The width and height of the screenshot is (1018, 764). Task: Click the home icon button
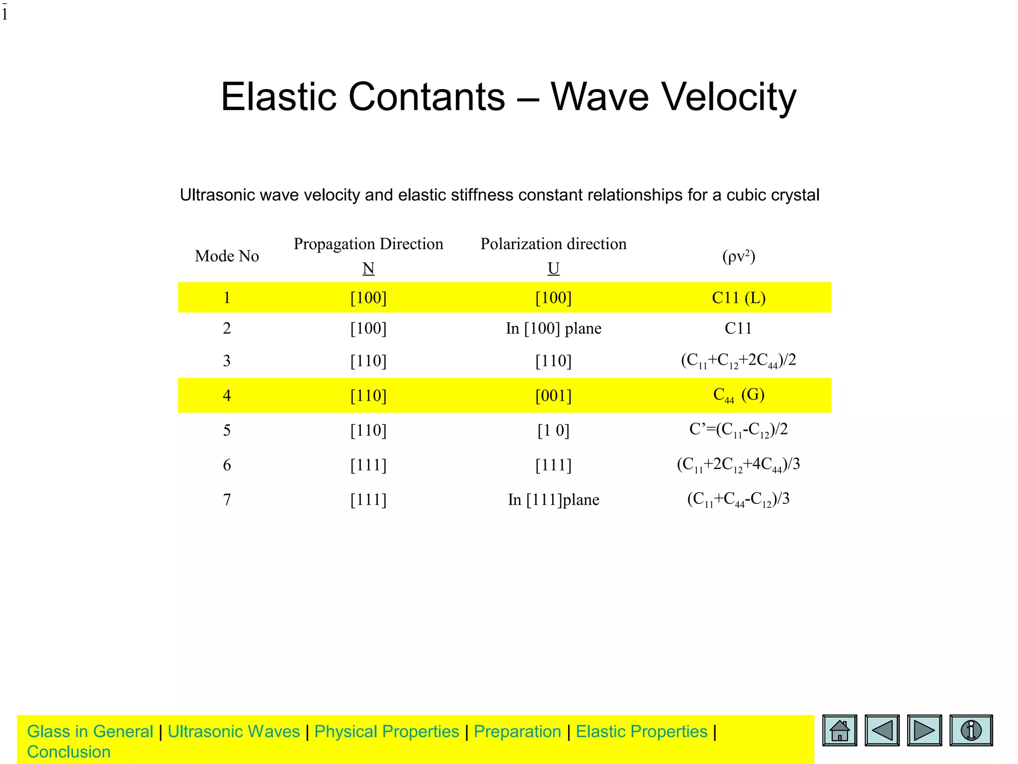pyautogui.click(x=840, y=730)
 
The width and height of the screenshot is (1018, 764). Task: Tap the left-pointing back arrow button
pyautogui.click(x=882, y=730)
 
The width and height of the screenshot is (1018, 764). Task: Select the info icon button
pyautogui.click(x=971, y=730)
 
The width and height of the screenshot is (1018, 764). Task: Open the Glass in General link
pyautogui.click(x=90, y=732)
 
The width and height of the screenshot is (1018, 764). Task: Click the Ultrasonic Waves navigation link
pyautogui.click(x=234, y=732)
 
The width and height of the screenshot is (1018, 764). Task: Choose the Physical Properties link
pyautogui.click(x=387, y=732)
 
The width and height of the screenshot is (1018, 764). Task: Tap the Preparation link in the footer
pyautogui.click(x=517, y=732)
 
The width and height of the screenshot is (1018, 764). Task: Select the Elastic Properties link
pyautogui.click(x=641, y=732)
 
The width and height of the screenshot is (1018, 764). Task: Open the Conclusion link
pyautogui.click(x=69, y=752)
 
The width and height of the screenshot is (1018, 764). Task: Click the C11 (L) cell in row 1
pyautogui.click(x=739, y=297)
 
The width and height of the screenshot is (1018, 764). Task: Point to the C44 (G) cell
pyautogui.click(x=739, y=395)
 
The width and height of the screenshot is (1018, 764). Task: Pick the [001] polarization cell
pyautogui.click(x=553, y=396)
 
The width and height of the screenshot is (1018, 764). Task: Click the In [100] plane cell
pyautogui.click(x=553, y=328)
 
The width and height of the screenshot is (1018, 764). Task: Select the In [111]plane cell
pyautogui.click(x=553, y=499)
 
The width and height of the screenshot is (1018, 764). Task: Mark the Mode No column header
pyautogui.click(x=227, y=256)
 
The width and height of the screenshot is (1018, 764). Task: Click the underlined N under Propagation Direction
pyautogui.click(x=368, y=269)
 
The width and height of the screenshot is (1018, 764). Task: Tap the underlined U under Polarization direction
pyautogui.click(x=553, y=269)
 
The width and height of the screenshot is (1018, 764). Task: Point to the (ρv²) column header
pyautogui.click(x=739, y=256)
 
